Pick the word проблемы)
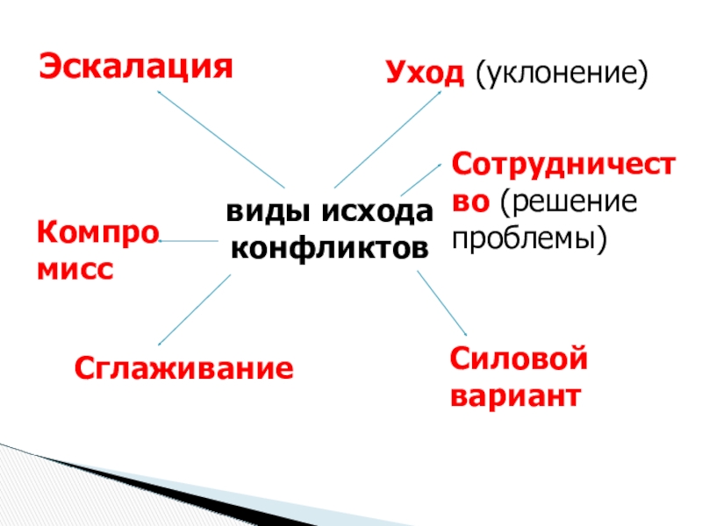(x=529, y=238)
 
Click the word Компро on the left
(x=97, y=234)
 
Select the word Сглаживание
(x=183, y=367)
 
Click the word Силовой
(x=518, y=359)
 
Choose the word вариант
(x=515, y=396)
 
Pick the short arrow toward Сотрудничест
(x=422, y=178)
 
